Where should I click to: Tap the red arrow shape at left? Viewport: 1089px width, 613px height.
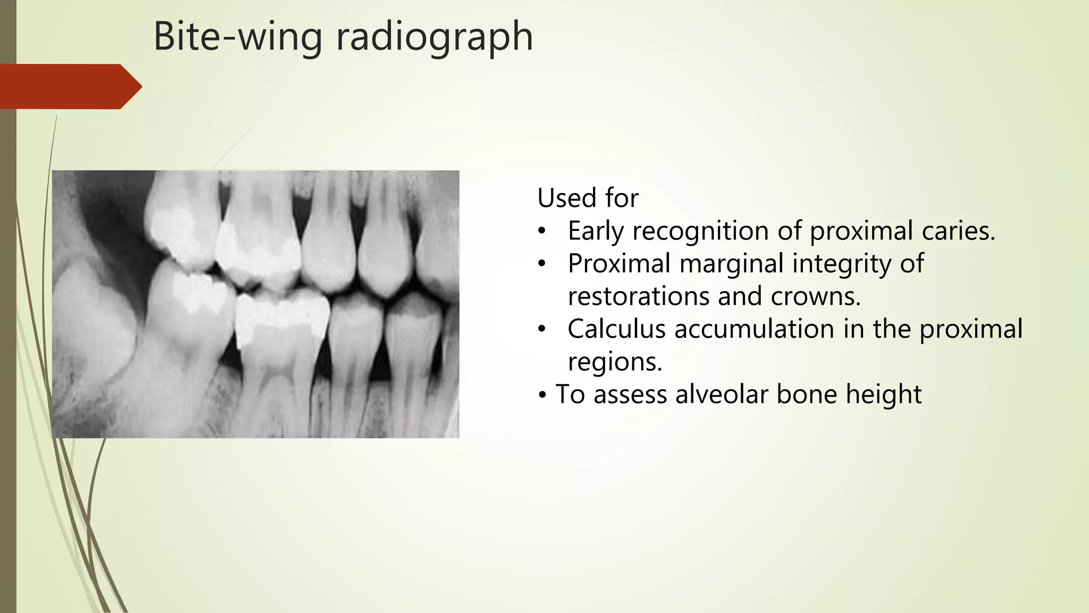pyautogui.click(x=69, y=86)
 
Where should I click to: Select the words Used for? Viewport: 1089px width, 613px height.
pyautogui.click(x=588, y=198)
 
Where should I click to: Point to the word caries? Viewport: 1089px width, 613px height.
pyautogui.click(x=958, y=231)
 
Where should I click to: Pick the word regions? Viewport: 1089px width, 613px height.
pyautogui.click(x=615, y=362)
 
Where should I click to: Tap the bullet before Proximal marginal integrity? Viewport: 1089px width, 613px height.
pyautogui.click(x=542, y=264)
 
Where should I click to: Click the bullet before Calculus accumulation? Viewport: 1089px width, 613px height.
pyautogui.click(x=542, y=329)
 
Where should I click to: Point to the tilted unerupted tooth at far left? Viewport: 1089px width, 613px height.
pyautogui.click(x=93, y=319)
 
